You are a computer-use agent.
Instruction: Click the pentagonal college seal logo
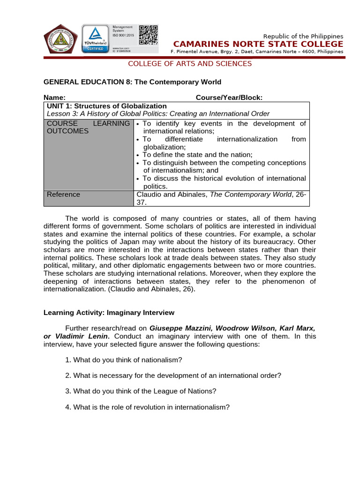point(61,39)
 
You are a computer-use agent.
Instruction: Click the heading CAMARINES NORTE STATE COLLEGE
point(258,44)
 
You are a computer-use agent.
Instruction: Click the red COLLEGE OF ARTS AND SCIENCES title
point(190,64)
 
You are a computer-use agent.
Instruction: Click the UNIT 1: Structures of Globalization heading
point(106,106)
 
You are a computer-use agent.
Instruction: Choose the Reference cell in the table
point(63,195)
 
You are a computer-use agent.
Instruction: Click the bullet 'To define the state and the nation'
point(197,155)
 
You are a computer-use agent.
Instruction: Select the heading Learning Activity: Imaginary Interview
point(109,312)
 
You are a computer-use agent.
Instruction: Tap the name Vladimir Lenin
point(82,336)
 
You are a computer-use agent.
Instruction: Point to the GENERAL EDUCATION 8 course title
point(132,82)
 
